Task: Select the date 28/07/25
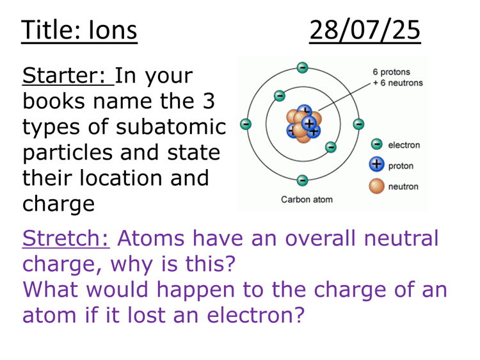click(x=365, y=30)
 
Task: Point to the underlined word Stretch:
click(x=66, y=238)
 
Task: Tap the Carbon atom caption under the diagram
click(x=307, y=199)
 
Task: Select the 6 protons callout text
click(x=391, y=72)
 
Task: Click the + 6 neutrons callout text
click(x=397, y=83)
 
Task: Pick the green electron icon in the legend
click(x=377, y=145)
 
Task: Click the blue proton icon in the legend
click(x=377, y=165)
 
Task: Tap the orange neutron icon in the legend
click(x=377, y=186)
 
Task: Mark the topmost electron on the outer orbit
click(x=302, y=67)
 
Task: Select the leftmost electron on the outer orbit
click(x=246, y=124)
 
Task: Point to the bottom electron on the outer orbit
click(x=302, y=181)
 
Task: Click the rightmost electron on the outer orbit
click(x=358, y=124)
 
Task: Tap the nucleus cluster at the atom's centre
click(x=302, y=124)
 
